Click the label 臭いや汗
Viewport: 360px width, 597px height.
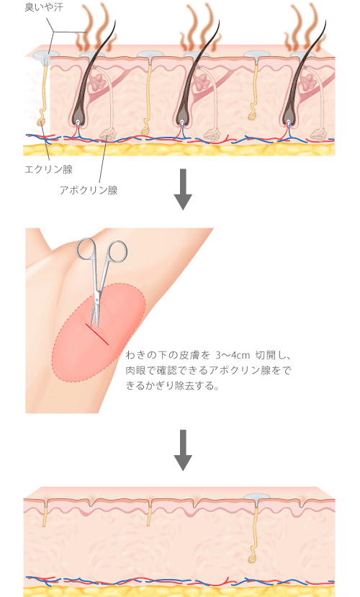click(44, 7)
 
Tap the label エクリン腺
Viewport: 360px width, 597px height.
click(49, 169)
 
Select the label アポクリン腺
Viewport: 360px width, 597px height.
click(89, 190)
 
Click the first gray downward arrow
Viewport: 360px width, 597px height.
click(183, 189)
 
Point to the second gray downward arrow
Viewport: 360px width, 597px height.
click(183, 450)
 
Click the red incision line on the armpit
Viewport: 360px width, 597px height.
click(97, 335)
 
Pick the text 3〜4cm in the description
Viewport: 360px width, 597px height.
click(233, 356)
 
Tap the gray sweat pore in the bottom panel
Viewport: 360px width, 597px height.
click(257, 496)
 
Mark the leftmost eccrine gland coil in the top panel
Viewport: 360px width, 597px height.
click(42, 122)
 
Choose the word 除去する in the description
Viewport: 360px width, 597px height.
click(197, 386)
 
